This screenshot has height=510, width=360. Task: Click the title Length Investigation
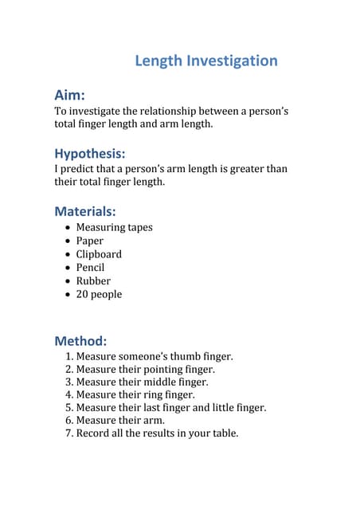(206, 61)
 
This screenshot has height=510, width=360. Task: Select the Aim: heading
(70, 96)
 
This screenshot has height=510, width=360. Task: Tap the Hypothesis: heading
(90, 153)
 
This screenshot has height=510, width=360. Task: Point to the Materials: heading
(85, 211)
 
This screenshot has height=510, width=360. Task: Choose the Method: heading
(80, 340)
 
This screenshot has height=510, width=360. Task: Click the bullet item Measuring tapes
(114, 227)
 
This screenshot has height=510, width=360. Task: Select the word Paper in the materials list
(89, 241)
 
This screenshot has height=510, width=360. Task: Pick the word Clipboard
(99, 254)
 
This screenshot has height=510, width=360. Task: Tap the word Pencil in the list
(90, 268)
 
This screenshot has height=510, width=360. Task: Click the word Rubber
(93, 280)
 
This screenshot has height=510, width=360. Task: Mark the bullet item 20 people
(99, 294)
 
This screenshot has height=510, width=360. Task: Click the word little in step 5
(225, 407)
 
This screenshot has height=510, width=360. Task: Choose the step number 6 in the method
(68, 420)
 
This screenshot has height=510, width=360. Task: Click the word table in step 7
(222, 433)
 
